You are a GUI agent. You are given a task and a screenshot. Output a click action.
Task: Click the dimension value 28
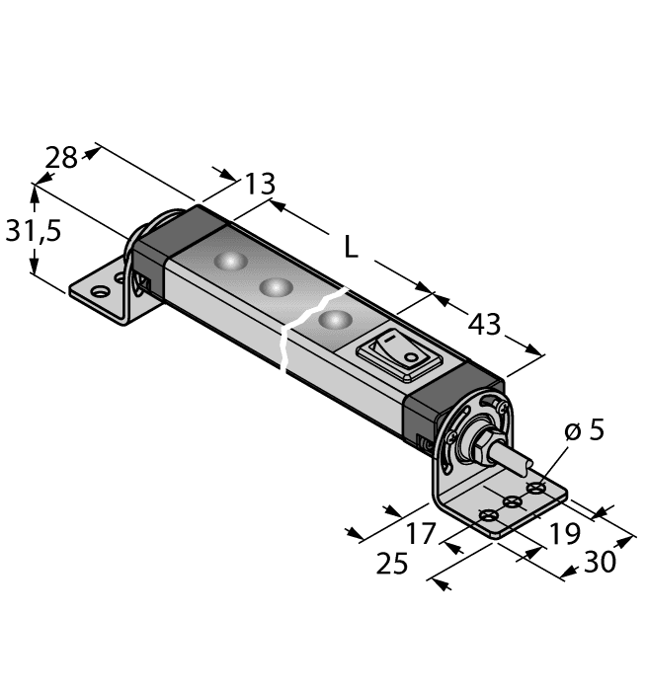click(61, 158)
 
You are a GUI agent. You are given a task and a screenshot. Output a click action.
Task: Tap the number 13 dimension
click(259, 184)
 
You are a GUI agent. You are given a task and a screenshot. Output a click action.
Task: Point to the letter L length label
click(351, 249)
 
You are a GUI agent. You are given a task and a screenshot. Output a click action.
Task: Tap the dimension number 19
click(564, 534)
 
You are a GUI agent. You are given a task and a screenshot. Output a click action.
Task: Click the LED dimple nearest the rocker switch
click(336, 320)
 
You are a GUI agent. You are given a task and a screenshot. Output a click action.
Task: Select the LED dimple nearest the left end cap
click(230, 261)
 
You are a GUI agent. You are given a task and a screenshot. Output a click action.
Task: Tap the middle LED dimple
click(275, 287)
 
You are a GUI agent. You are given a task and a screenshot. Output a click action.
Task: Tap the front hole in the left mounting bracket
click(99, 292)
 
